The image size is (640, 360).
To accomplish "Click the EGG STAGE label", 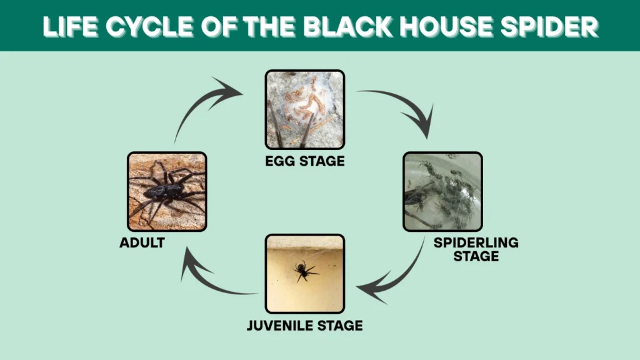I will [x=304, y=162].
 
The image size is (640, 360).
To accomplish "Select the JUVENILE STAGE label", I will [x=304, y=326].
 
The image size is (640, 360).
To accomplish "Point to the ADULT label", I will [x=142, y=243].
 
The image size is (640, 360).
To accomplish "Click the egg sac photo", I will [x=304, y=109].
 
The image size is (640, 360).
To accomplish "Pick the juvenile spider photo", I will [x=304, y=274].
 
